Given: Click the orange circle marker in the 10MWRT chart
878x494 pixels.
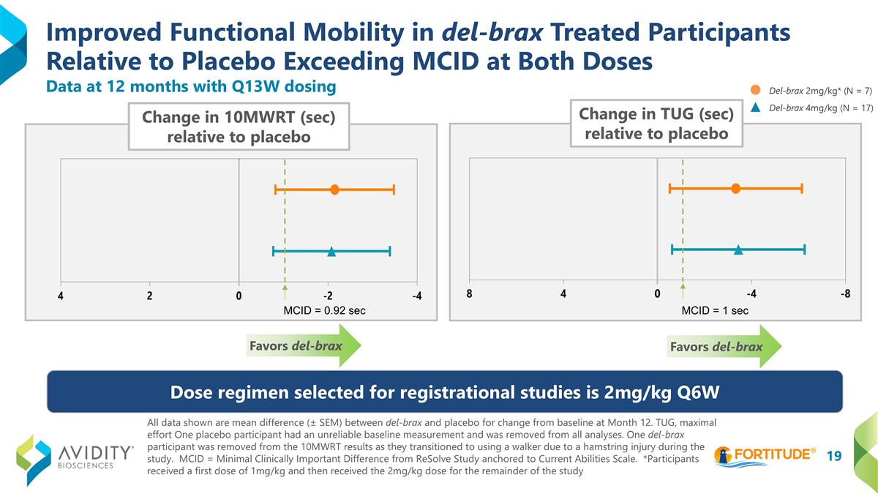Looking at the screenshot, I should click(334, 190).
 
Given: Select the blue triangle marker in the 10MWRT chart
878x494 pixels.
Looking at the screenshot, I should click(331, 251).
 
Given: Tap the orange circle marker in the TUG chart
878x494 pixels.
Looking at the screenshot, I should click(735, 189).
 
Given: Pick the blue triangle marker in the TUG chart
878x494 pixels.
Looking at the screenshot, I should click(738, 250).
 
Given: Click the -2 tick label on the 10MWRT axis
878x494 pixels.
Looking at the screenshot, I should click(328, 296).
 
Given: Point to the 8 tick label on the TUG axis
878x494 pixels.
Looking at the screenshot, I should click(469, 294).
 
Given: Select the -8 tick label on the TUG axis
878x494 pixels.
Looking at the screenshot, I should click(845, 294).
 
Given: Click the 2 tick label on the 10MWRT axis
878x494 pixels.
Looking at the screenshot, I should click(150, 296).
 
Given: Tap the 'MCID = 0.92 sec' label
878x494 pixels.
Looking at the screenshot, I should click(324, 310).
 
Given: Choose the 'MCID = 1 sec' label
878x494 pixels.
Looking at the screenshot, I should click(715, 310).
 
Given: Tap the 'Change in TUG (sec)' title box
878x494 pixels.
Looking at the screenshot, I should click(656, 123).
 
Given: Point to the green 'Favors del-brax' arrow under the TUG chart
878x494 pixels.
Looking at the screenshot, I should click(725, 347).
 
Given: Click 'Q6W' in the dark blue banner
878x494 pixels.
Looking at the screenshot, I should click(694, 392).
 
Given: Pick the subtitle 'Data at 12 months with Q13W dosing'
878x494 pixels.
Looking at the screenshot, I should click(191, 86).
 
